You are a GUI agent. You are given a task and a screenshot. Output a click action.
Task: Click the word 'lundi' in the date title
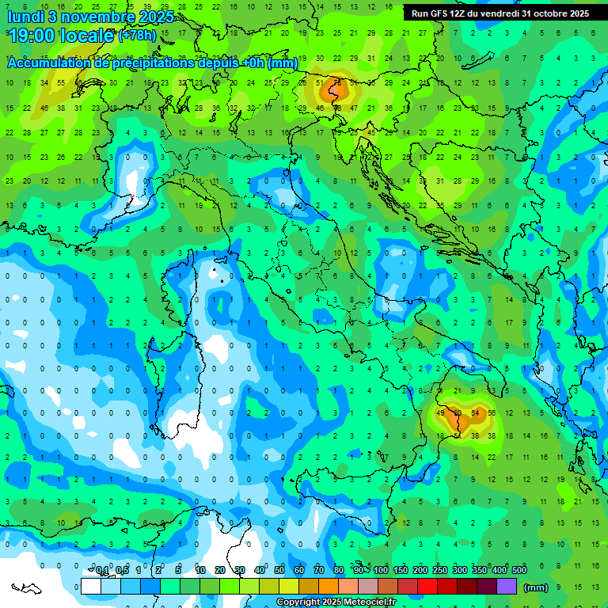[x=25, y=17]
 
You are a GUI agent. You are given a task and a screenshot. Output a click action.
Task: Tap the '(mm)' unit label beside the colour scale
[x=536, y=587]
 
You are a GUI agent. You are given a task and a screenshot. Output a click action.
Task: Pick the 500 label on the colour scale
[x=519, y=571]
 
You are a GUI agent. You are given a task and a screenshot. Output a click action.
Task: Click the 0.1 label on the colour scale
[x=101, y=571]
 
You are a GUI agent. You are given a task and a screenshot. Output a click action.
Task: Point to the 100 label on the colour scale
[x=381, y=571]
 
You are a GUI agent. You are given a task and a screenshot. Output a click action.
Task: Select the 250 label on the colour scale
[x=439, y=571]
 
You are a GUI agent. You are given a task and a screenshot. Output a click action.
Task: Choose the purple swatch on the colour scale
[x=507, y=587]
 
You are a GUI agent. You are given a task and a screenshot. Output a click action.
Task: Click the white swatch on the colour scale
[x=91, y=587]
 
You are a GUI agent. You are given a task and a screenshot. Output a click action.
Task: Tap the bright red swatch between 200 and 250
[x=427, y=587]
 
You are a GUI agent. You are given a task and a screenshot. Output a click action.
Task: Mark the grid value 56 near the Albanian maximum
[x=492, y=412]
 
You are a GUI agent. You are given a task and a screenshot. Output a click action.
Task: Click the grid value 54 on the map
[x=474, y=412]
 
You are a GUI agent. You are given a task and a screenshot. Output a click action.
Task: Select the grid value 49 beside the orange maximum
[x=440, y=412]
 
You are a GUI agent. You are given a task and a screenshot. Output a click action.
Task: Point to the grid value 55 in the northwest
[x=62, y=82]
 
